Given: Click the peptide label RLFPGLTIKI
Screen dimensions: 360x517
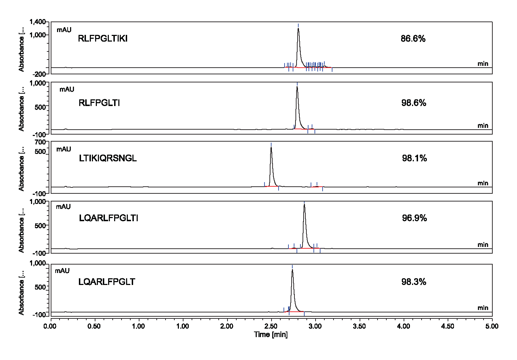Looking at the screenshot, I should (x=102, y=39).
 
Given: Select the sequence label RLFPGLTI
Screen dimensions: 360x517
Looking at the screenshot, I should (x=99, y=103).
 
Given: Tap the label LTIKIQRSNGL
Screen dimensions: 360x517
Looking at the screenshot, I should (x=108, y=158).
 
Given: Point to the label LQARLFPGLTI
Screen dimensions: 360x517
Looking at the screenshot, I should (x=108, y=218).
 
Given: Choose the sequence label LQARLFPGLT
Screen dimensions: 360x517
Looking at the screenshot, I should (x=107, y=282).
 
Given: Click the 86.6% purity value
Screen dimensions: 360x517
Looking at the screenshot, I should (x=413, y=39).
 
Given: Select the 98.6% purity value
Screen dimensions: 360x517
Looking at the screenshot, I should (x=414, y=103).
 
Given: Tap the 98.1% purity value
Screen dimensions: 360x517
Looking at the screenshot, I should (x=415, y=158).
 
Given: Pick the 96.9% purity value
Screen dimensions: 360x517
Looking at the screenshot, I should (x=415, y=218).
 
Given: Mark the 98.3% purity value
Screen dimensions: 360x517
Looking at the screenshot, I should (x=414, y=282).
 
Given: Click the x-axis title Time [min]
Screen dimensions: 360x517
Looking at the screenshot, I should (x=271, y=335).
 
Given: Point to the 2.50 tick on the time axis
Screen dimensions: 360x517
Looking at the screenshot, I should (x=271, y=326).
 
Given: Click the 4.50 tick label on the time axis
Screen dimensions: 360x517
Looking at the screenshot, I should (x=448, y=326).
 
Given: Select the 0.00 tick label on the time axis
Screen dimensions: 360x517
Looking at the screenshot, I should (x=50, y=326).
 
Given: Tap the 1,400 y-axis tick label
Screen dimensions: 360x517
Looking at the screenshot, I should (x=38, y=22).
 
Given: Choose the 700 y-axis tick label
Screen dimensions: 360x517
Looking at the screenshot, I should (x=41, y=142).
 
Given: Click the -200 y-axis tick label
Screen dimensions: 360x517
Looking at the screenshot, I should (x=40, y=74).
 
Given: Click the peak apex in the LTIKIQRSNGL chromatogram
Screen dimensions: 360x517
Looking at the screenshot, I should (x=271, y=148).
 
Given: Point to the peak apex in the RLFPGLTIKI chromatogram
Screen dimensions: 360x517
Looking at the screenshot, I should (x=298, y=29).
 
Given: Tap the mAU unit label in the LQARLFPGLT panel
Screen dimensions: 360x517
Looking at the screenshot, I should (x=62, y=271).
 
